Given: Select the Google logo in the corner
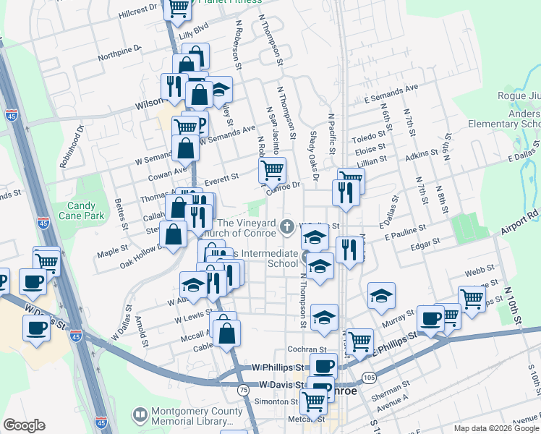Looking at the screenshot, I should tap(24, 425).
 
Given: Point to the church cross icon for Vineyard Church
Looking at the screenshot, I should tap(287, 227).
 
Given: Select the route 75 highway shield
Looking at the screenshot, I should tap(244, 390).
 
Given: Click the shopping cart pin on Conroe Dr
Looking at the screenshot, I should tap(273, 171).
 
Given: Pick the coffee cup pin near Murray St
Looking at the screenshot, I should tap(431, 318).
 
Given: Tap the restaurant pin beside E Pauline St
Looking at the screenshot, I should tap(350, 250).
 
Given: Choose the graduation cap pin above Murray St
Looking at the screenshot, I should tap(381, 294).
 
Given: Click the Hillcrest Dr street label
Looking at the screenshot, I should tap(138, 11).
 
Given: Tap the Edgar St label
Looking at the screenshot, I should tap(427, 244).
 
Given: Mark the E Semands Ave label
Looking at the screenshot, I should tap(391, 93).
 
